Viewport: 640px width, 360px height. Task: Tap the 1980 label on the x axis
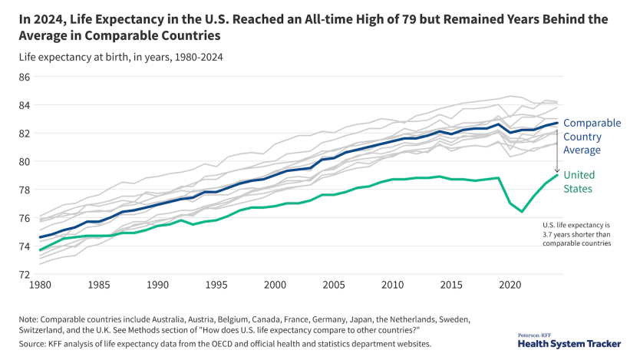41,285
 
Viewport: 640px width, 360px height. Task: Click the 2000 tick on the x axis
275,285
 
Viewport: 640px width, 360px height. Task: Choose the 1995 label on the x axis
216,285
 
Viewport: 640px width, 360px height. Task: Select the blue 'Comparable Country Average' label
592,137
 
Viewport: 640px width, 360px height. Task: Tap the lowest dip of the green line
522,211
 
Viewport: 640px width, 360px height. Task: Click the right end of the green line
557,174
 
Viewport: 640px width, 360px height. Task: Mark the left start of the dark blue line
40,237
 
